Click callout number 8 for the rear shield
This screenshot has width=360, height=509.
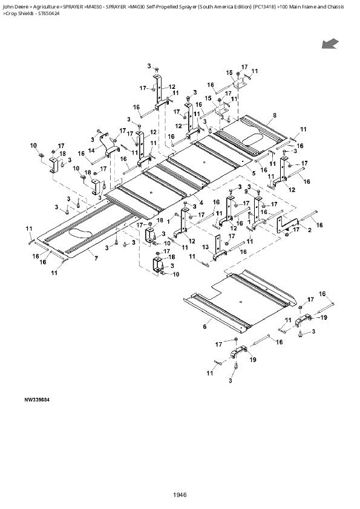[275, 115]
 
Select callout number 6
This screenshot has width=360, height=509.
[205, 326]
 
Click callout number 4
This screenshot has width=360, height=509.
[201, 202]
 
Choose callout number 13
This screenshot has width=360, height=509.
[206, 247]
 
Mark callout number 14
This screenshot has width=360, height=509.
[91, 150]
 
